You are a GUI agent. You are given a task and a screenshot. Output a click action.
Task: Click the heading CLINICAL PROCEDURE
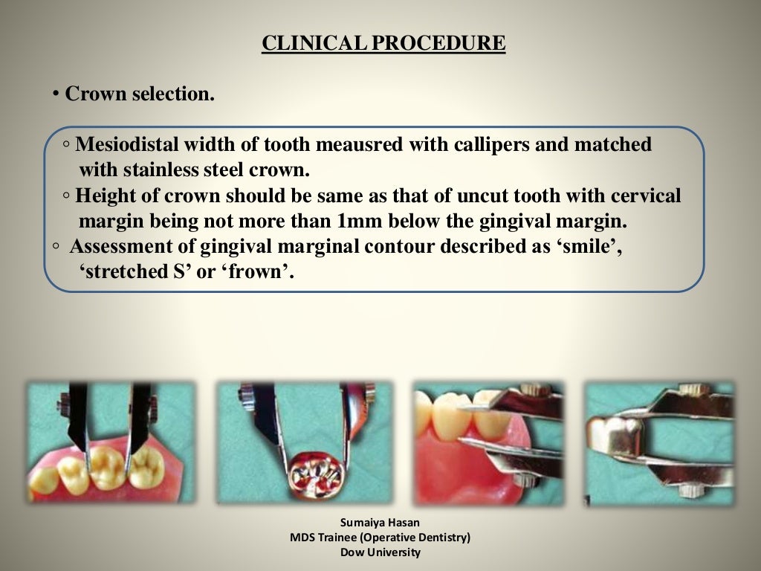(383, 44)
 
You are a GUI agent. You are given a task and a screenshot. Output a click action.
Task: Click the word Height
(102, 196)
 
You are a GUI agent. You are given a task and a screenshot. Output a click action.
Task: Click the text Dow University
(380, 552)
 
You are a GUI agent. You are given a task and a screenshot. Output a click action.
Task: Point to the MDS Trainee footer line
(380, 537)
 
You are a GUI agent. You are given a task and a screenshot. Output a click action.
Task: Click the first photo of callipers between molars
(110, 443)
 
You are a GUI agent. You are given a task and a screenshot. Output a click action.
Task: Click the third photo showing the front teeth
(488, 443)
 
